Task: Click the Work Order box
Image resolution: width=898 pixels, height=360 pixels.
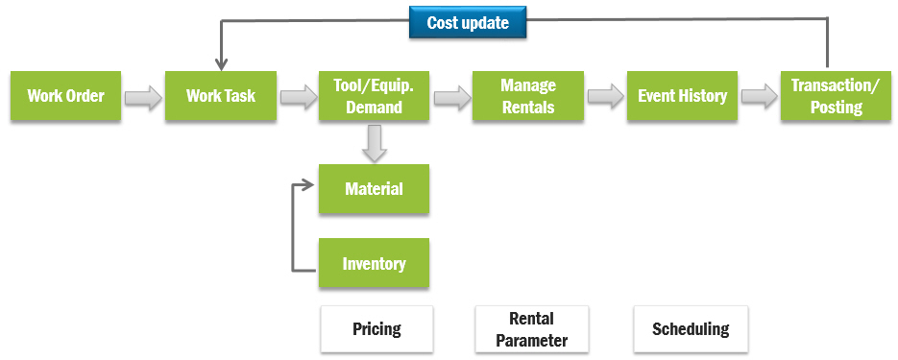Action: click(66, 96)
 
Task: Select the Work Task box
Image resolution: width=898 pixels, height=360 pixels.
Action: click(221, 96)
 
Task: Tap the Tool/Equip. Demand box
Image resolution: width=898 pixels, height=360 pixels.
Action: click(374, 96)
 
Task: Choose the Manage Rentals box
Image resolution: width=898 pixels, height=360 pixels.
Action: click(528, 96)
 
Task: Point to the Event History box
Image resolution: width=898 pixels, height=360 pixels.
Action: click(682, 96)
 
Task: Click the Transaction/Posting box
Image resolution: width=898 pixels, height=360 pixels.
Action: click(837, 96)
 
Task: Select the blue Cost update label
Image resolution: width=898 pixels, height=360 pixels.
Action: click(468, 23)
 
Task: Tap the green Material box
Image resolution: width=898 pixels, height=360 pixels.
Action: click(374, 189)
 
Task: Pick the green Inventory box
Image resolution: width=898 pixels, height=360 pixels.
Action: click(374, 263)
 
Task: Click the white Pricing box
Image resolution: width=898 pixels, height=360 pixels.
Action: click(376, 329)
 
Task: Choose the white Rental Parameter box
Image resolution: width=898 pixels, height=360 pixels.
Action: click(531, 329)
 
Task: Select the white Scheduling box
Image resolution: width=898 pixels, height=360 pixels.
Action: click(691, 329)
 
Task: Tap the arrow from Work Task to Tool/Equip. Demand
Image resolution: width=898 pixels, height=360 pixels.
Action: click(298, 97)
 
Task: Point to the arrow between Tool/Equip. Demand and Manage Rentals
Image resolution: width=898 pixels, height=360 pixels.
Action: click(451, 97)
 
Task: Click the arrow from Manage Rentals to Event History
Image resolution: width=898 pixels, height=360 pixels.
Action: click(605, 97)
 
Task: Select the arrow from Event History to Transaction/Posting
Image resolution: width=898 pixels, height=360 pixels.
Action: click(760, 97)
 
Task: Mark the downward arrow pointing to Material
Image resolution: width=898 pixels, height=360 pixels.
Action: click(375, 143)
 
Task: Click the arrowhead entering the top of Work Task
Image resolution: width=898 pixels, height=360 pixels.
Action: click(221, 64)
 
